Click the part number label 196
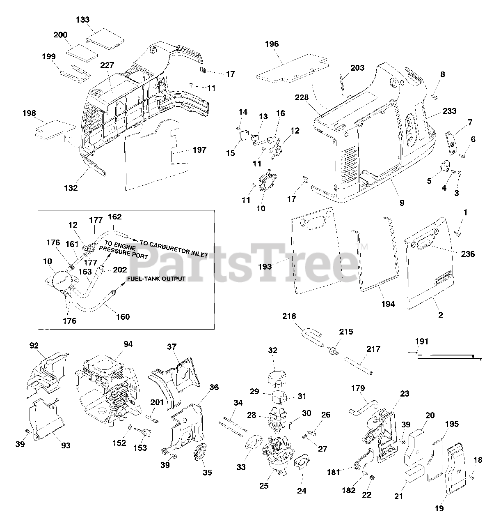click(272, 44)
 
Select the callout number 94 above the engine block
click(128, 344)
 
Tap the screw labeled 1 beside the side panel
click(459, 233)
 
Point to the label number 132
click(71, 188)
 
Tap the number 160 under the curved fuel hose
click(123, 317)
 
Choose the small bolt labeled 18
click(472, 477)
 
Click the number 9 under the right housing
click(401, 202)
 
